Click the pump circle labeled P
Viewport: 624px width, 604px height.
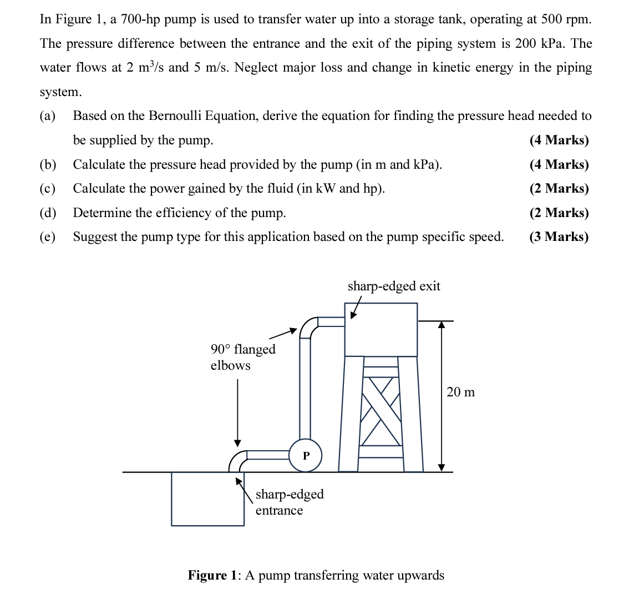(x=305, y=455)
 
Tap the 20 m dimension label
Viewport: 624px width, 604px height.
(x=460, y=392)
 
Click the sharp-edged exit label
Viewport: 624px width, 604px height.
(x=393, y=286)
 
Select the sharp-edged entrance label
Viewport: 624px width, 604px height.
(x=289, y=502)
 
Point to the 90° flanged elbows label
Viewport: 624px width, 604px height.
(x=242, y=357)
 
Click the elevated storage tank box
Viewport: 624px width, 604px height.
(x=381, y=329)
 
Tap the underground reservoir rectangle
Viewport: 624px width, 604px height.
(x=207, y=499)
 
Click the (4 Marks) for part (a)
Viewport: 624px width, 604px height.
(x=559, y=140)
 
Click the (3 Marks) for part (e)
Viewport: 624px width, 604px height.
(x=559, y=237)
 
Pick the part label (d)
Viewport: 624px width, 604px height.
(x=48, y=213)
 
